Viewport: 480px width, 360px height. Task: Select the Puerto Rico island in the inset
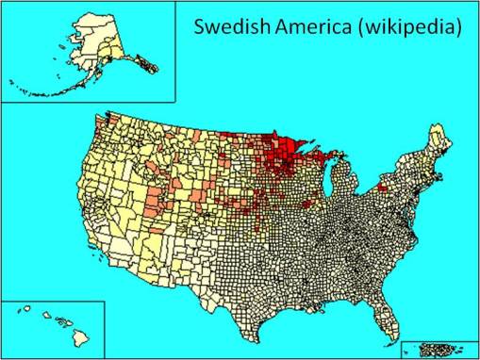click(x=437, y=348)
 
